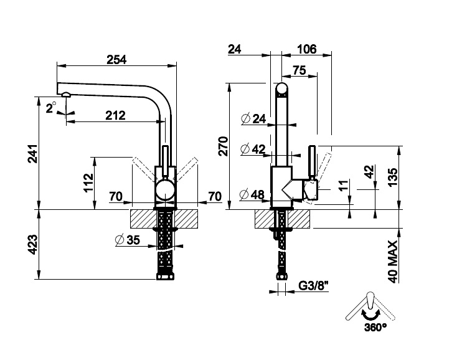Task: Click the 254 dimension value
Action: point(116,60)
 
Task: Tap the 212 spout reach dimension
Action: point(116,115)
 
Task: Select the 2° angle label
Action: point(51,107)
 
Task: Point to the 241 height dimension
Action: point(32,153)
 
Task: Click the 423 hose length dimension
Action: point(32,244)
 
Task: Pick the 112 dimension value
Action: point(88,182)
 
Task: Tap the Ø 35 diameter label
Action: point(128,240)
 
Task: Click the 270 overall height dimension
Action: point(224,146)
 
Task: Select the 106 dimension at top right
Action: point(307,49)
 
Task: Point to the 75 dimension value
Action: point(300,70)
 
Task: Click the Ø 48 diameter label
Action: point(252,194)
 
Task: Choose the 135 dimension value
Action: point(392,178)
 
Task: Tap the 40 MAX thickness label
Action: point(393,262)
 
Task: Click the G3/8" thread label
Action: point(313,286)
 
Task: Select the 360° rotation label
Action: point(375,327)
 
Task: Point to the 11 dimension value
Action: point(343,186)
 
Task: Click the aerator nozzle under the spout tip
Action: point(66,95)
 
